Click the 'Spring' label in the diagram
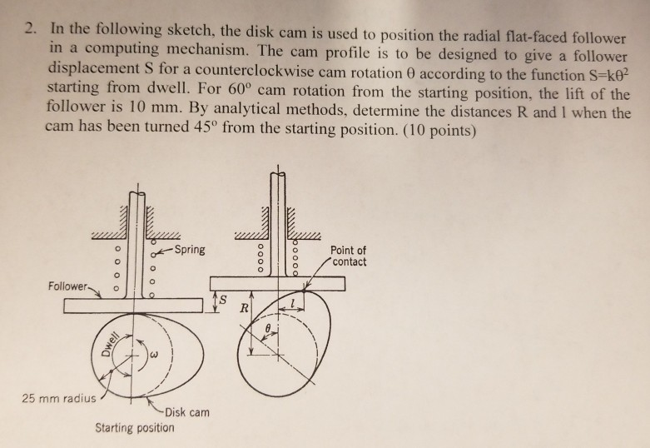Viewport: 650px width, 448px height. tap(190, 250)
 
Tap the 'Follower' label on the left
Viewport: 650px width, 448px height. tap(68, 286)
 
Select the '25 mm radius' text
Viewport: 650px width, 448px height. tap(58, 398)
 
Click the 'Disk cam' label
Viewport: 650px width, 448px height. tap(187, 412)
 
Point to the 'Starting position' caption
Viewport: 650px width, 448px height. tap(135, 428)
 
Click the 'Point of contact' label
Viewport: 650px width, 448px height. tap(348, 256)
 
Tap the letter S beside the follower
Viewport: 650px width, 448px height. tap(223, 300)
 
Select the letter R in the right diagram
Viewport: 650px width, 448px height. tap(245, 308)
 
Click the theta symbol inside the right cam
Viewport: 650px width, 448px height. tap(268, 328)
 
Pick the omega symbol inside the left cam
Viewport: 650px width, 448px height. tap(154, 355)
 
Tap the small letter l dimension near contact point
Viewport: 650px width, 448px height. tap(293, 303)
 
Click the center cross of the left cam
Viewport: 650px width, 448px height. tap(132, 355)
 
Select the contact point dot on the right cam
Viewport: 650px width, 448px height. tap(305, 291)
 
